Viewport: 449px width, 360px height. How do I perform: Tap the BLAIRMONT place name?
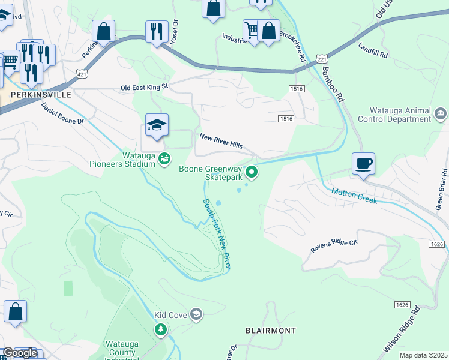coord(271,331)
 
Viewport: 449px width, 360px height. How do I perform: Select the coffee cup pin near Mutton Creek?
coord(364,164)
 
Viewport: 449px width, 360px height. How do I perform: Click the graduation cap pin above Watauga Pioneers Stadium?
coord(157,125)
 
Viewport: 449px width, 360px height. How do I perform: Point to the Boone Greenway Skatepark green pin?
coord(252,173)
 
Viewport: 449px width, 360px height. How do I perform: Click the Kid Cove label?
coord(170,314)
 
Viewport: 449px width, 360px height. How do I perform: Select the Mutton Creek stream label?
coord(354,195)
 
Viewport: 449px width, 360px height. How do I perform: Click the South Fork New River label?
coord(217,234)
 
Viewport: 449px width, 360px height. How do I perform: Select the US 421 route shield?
coord(82,72)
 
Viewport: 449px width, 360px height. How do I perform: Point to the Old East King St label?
coord(145,88)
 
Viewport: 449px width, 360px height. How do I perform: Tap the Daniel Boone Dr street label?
coord(64,113)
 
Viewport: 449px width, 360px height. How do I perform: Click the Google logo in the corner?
coord(19,353)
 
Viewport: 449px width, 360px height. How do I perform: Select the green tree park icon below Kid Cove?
coord(160,329)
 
